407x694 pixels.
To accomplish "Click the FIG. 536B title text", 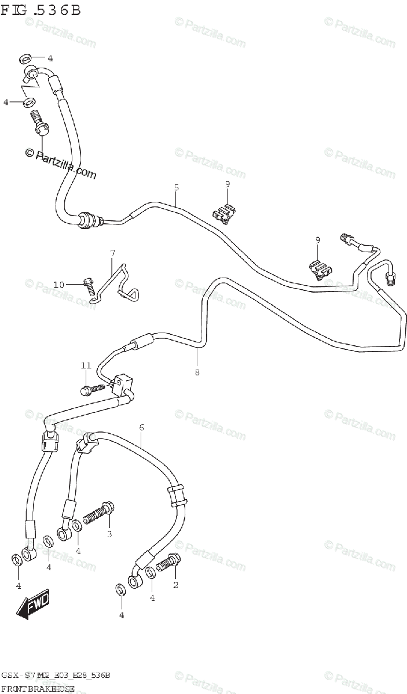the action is [41, 10].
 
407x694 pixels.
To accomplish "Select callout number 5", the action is [176, 187].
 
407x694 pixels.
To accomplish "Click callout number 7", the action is [113, 253].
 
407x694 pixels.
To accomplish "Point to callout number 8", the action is [197, 372].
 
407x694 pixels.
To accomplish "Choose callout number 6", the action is [141, 427].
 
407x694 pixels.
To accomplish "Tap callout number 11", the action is [86, 366].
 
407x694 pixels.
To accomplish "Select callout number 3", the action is [109, 533].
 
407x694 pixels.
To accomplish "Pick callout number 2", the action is [175, 585].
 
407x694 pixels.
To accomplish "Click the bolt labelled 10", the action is [90, 285].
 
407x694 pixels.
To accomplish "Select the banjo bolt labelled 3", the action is [97, 512].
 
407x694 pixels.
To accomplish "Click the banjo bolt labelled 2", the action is [166, 562].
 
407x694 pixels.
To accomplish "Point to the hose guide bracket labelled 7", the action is [119, 283].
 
